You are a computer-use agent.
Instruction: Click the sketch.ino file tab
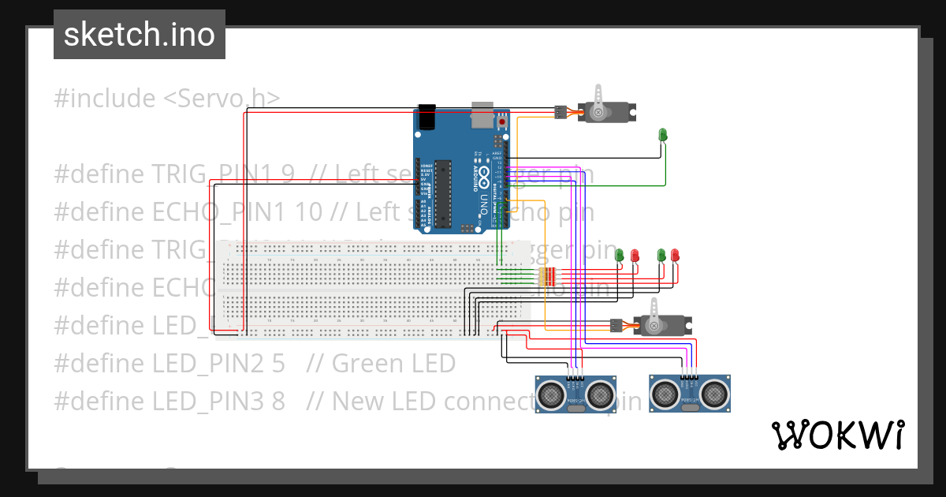(x=140, y=35)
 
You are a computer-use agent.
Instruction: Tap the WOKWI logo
(x=836, y=435)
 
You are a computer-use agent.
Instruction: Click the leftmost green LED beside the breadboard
(x=620, y=255)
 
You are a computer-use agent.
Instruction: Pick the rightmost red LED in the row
(x=675, y=255)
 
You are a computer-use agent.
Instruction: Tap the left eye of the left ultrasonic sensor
(x=552, y=390)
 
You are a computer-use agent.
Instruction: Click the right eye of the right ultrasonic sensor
(x=713, y=390)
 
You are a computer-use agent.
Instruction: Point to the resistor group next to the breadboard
(x=546, y=276)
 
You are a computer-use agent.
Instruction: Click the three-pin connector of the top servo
(x=561, y=112)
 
